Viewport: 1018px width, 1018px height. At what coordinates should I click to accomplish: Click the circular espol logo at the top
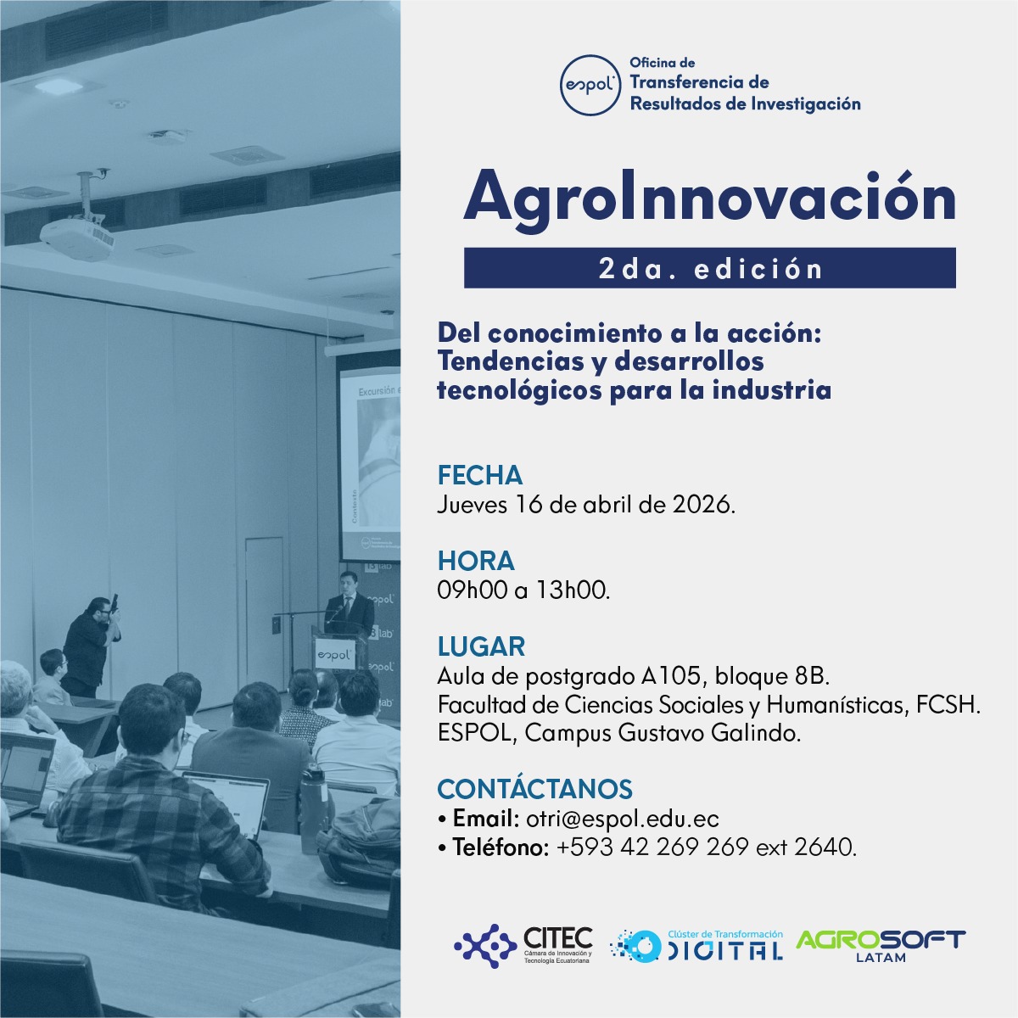point(590,85)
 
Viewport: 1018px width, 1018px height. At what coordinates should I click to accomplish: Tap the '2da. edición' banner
point(710,268)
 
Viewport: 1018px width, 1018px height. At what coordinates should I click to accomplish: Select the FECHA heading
point(479,475)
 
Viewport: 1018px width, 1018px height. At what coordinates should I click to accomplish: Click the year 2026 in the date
point(703,505)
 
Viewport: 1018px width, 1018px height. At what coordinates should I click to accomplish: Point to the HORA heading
point(475,561)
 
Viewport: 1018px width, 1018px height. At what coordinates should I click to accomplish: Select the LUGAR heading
point(481,646)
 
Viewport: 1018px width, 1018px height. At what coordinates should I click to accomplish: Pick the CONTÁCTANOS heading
point(534,789)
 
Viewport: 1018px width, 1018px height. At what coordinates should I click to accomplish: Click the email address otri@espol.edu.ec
point(623,819)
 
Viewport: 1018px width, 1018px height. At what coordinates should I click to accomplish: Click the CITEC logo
point(523,946)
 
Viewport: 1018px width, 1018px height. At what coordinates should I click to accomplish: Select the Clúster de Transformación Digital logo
point(696,946)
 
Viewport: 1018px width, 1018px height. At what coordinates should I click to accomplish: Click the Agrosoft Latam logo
point(880,945)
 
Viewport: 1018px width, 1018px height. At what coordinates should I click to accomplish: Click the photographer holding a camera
point(91,646)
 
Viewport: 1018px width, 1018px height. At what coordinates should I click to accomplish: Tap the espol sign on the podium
point(334,655)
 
